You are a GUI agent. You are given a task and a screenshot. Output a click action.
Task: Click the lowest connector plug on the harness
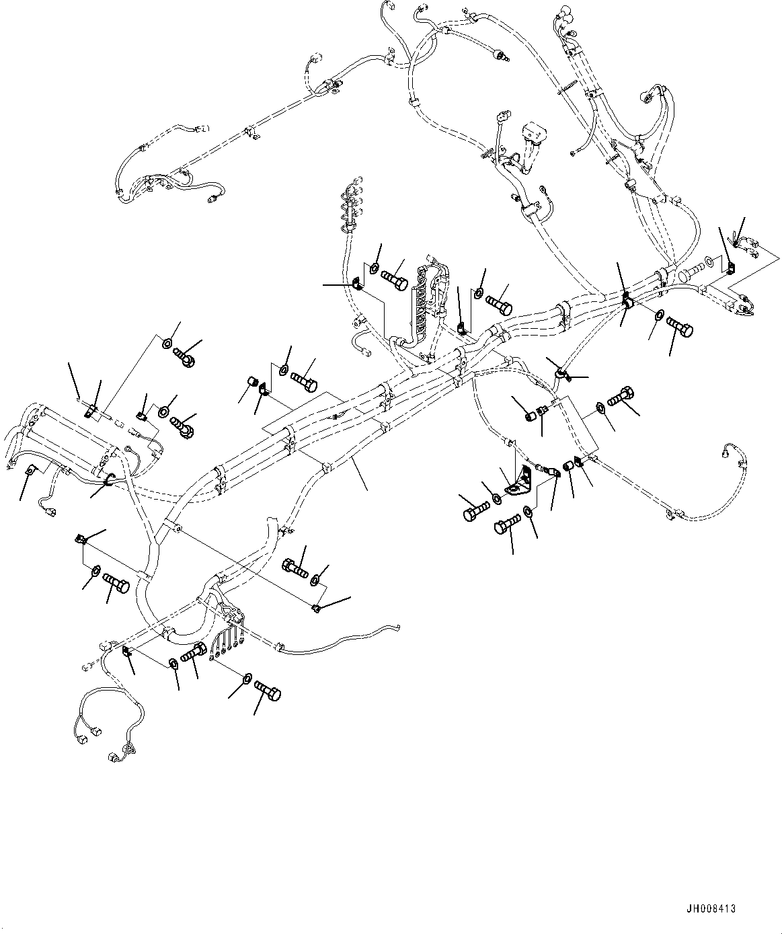pyautogui.click(x=113, y=759)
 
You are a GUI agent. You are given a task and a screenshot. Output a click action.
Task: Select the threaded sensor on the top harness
pyautogui.click(x=499, y=54)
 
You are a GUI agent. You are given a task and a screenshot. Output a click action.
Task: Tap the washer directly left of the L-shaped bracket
pyautogui.click(x=496, y=498)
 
